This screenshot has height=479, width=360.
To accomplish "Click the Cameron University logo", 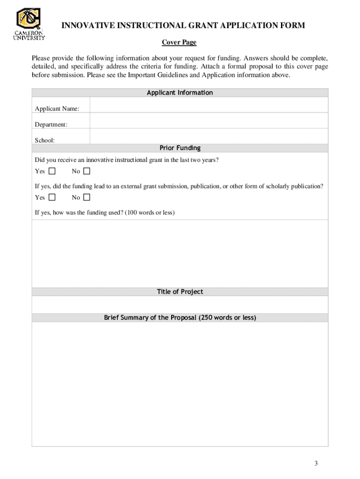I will point(29,24).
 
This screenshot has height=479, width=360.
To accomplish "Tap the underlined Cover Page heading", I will point(179,43).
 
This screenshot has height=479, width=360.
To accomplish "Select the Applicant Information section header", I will point(180,93).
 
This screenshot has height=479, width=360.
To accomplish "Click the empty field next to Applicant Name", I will point(209,106).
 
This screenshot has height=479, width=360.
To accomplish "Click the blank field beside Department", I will point(209,122).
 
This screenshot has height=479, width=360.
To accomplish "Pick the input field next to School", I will point(209,137).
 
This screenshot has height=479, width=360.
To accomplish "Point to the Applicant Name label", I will point(57,109).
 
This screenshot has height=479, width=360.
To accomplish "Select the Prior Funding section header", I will point(180,148).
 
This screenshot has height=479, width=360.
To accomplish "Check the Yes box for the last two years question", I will point(51,171).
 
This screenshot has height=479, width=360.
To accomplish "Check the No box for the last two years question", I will point(86,171).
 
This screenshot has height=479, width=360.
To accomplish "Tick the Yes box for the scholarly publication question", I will point(51,197).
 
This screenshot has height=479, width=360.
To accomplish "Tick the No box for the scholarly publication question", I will point(86,197).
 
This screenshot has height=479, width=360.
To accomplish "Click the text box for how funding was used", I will point(180,253).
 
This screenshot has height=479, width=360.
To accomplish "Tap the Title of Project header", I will point(180,292).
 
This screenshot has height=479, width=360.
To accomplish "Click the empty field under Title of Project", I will point(180,305).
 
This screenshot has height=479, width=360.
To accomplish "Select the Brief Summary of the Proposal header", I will point(180,318).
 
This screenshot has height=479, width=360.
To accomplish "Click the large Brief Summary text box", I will point(180,384).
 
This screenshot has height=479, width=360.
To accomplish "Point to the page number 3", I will point(316,464).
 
